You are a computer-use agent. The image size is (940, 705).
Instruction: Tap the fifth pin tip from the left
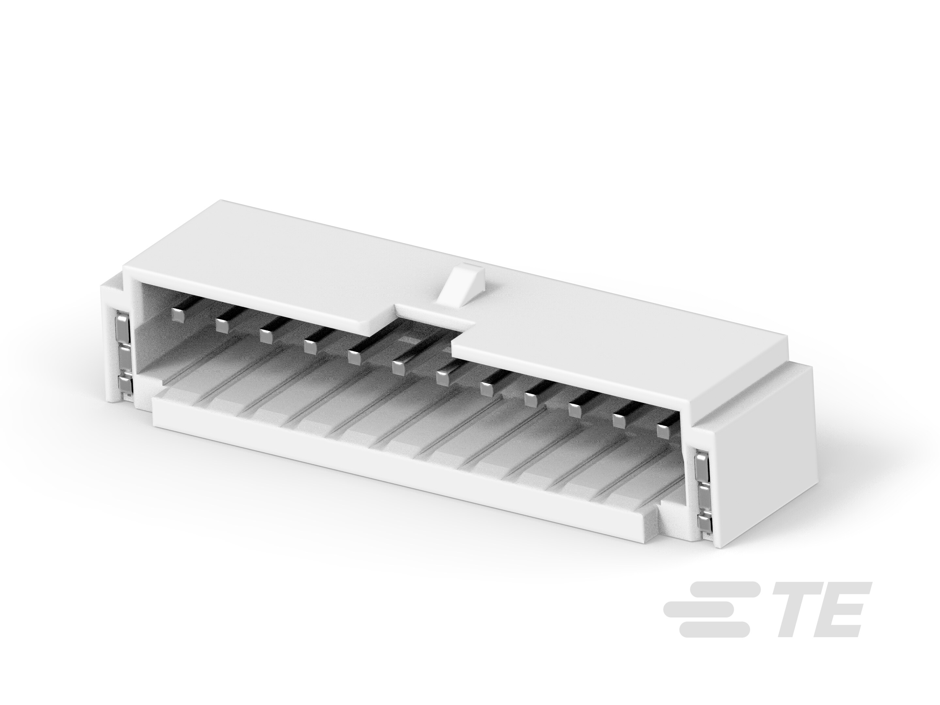coord(354,356)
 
